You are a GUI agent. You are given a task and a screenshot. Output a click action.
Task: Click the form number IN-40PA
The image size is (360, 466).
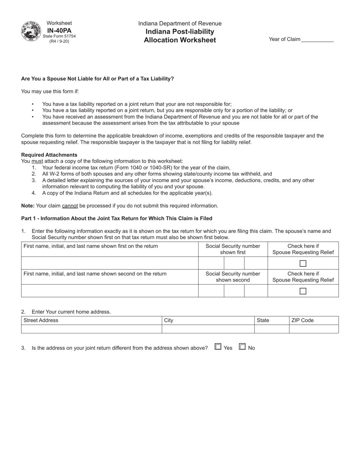[x=59, y=30]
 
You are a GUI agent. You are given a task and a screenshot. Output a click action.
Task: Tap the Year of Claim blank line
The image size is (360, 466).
[x=317, y=39]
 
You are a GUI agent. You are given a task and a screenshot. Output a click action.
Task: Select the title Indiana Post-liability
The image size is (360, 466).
[x=180, y=31]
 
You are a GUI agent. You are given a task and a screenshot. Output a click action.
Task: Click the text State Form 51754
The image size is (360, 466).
[x=59, y=36]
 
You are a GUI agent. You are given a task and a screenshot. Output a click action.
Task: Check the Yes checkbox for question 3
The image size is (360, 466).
[x=218, y=346]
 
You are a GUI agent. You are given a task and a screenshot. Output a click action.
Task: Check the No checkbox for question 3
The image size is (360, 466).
[x=242, y=346]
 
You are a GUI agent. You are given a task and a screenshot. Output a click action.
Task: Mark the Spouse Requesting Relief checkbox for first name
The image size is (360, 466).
[x=303, y=263]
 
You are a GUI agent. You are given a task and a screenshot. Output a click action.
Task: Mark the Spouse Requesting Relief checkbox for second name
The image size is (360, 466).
[x=303, y=291]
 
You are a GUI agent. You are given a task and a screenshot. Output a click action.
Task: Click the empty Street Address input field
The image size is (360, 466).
[x=91, y=329]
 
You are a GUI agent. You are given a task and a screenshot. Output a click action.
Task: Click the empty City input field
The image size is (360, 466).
[x=208, y=329]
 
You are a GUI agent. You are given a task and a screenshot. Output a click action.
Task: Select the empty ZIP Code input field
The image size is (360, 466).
[x=313, y=329]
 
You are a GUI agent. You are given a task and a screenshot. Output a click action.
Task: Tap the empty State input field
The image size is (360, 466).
[x=271, y=329]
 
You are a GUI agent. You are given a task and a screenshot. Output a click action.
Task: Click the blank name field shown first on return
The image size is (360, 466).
[x=110, y=263]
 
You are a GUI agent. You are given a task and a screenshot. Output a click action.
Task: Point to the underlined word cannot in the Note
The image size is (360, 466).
[x=70, y=206]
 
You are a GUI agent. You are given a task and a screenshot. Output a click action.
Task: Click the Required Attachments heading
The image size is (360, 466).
[x=49, y=155]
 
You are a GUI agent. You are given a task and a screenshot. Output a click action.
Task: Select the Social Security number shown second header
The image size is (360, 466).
[x=233, y=277]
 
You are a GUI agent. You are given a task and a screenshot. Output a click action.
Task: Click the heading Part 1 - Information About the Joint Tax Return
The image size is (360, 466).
[x=117, y=219]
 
